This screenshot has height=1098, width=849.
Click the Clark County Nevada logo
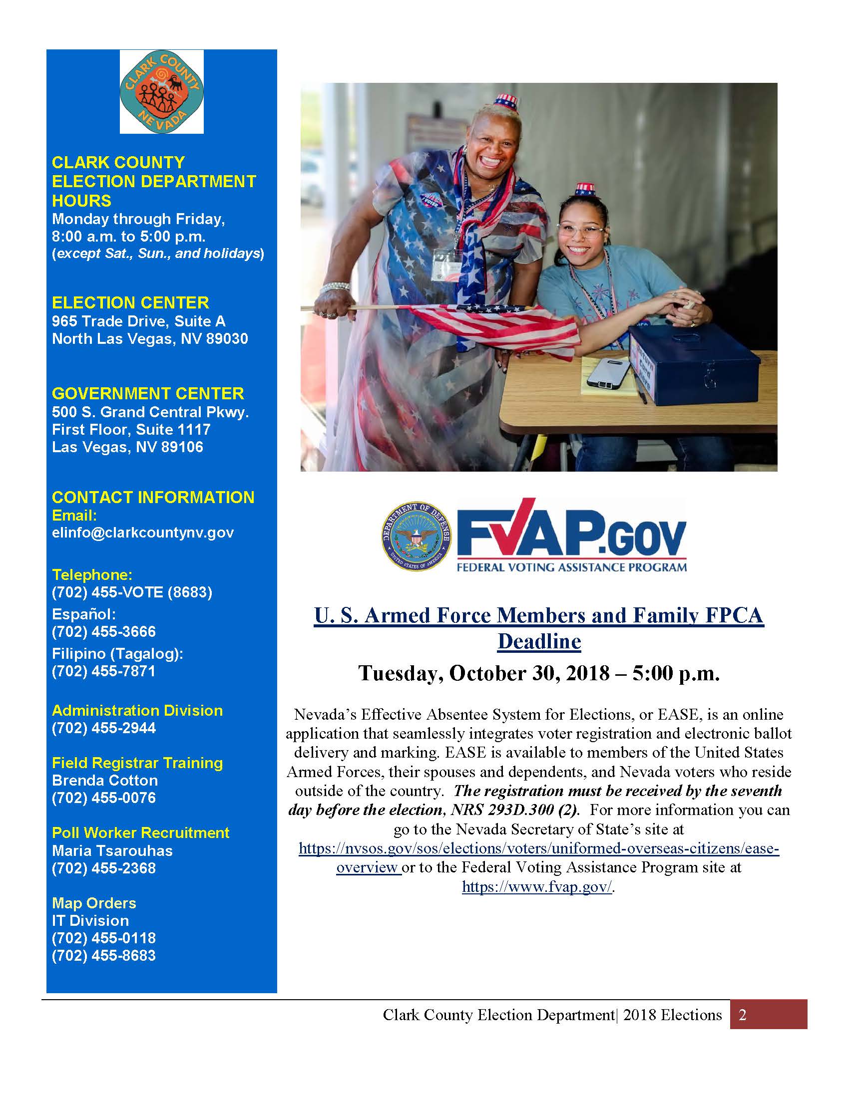point(161,91)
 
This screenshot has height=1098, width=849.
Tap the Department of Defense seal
point(417,537)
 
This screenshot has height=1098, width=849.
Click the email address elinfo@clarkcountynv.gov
point(143,533)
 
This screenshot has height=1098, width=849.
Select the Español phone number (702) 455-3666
point(103,631)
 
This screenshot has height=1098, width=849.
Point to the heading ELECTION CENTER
point(130,302)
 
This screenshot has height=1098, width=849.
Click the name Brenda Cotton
point(104,780)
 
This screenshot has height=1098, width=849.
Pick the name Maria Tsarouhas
point(112,850)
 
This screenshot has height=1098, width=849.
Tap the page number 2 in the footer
point(742,1015)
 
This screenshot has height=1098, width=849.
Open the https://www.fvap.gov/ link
point(537,887)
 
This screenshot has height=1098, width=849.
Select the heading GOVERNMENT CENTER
point(148,393)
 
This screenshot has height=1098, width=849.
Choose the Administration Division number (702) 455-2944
point(103,728)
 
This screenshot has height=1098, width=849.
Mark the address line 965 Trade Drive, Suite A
point(138,321)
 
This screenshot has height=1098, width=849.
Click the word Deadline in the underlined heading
point(539,641)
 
